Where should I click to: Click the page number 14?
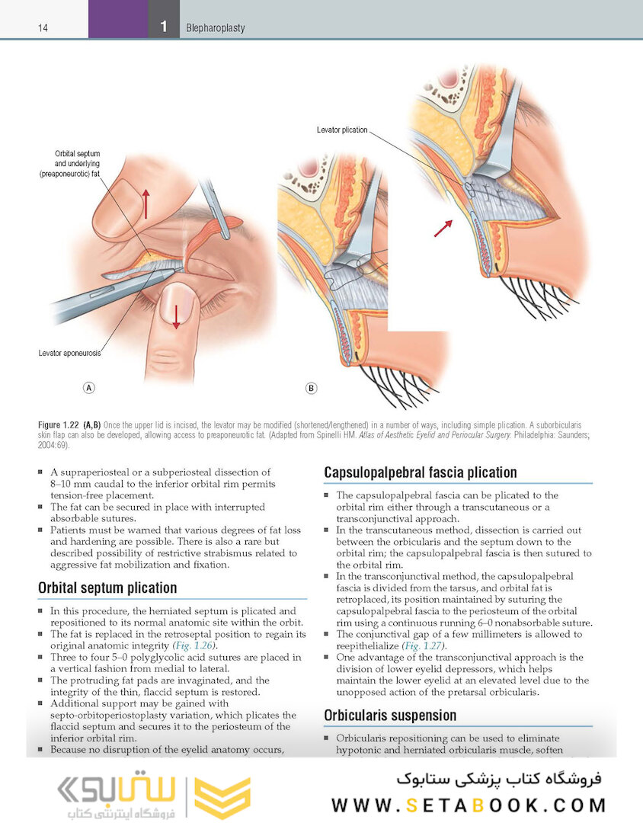[x=43, y=28]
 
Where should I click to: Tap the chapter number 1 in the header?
[x=163, y=27]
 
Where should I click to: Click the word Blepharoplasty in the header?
[x=215, y=28]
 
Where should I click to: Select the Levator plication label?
[x=341, y=130]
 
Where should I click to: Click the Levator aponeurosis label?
[x=69, y=354]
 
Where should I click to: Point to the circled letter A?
[x=89, y=388]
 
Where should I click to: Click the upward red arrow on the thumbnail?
[x=146, y=203]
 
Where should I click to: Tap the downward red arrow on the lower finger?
[x=176, y=315]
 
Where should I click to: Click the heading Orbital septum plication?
[x=107, y=588]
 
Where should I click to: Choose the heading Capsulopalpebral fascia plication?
[x=421, y=472]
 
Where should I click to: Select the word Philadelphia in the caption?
[x=517, y=434]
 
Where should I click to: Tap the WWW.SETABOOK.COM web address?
[x=469, y=805]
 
